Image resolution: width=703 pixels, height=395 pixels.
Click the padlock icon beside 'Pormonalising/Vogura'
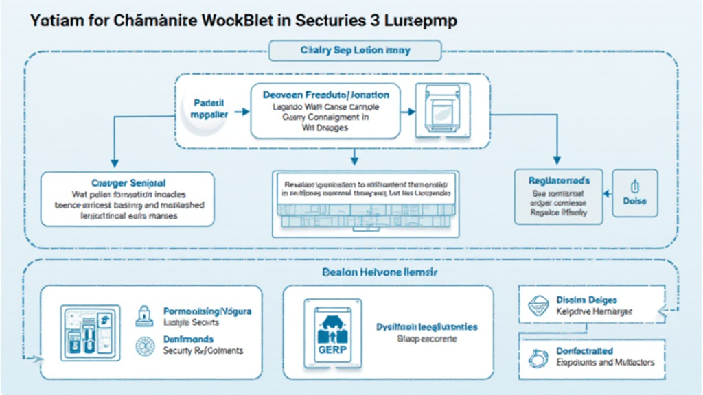(145, 315)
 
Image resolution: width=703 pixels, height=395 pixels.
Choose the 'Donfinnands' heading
(188, 339)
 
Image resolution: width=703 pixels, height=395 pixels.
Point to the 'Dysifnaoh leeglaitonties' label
(427, 327)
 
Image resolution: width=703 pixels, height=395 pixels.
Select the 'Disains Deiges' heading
(586, 300)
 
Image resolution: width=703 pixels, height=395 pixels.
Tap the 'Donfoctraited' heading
(584, 351)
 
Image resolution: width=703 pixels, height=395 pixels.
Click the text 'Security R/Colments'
(203, 350)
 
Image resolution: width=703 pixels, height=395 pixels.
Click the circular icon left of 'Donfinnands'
(145, 345)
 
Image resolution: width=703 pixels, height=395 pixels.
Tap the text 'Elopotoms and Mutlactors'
(605, 362)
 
